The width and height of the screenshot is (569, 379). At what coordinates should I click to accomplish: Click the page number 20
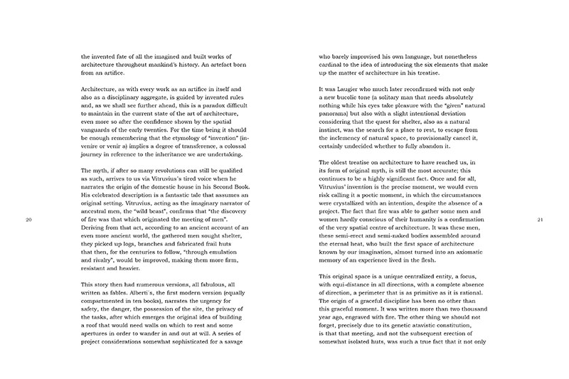point(28,200)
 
